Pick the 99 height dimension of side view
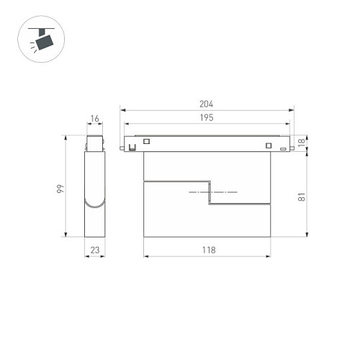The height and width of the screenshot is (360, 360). (61, 189)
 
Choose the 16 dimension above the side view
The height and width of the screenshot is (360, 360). (95, 119)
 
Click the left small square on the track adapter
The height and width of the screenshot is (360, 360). (147, 142)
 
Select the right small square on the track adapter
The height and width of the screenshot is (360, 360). (269, 146)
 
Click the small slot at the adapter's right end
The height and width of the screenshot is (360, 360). (283, 147)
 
